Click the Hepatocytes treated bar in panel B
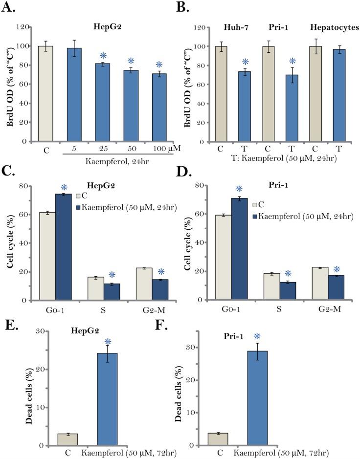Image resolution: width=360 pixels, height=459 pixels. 335,95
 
